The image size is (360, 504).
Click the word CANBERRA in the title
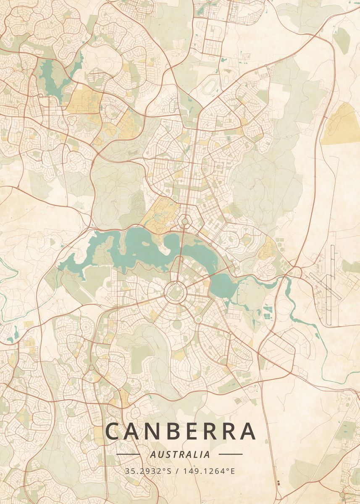(180, 431)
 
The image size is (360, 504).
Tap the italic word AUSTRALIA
(180, 454)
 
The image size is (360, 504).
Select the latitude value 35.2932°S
(149, 471)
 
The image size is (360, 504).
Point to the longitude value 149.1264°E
(209, 471)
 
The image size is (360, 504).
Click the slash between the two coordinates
(178, 471)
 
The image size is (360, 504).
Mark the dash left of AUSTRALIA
(128, 454)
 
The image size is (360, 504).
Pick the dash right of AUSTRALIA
(231, 454)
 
